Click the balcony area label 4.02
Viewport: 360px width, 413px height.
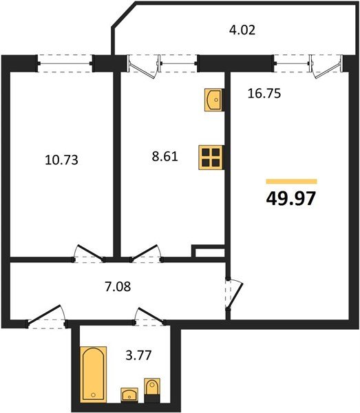(242, 30)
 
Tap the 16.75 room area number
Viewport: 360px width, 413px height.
(264, 94)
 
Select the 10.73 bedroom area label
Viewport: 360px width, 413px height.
(61, 160)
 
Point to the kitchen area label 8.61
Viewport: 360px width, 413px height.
(165, 156)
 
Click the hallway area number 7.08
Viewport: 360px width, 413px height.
(118, 286)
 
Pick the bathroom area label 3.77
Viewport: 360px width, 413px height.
(138, 355)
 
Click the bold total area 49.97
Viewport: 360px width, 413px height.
(290, 198)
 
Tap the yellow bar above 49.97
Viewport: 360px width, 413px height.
(291, 181)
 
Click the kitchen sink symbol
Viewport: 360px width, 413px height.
(213, 100)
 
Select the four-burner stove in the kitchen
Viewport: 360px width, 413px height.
(211, 158)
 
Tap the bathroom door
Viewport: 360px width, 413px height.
(149, 315)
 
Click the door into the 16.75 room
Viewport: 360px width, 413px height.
(234, 293)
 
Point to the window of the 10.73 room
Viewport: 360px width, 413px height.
(65, 63)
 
